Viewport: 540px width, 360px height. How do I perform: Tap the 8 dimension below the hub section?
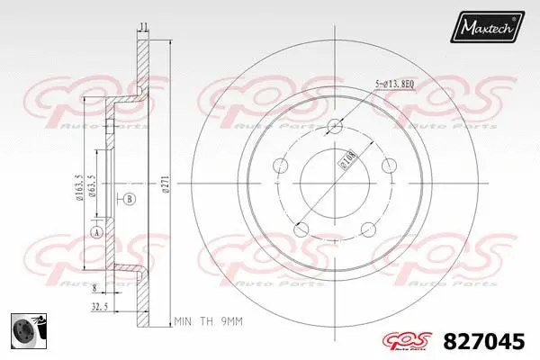[94, 288]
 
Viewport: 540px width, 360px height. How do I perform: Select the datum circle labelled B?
[129, 198]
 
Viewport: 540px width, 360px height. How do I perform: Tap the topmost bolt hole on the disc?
[335, 125]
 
